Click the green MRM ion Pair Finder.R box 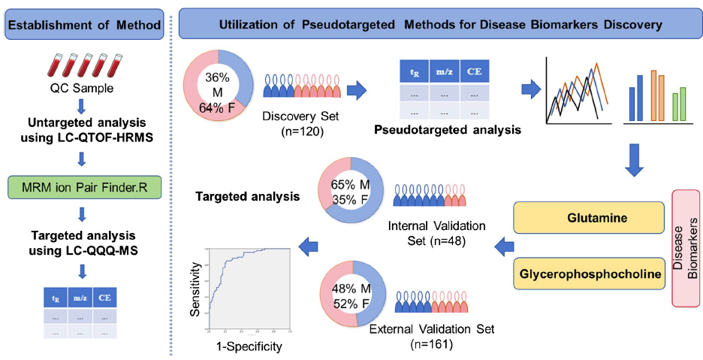point(84,186)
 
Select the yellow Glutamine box point(590,217)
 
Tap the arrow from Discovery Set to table point(355,92)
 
